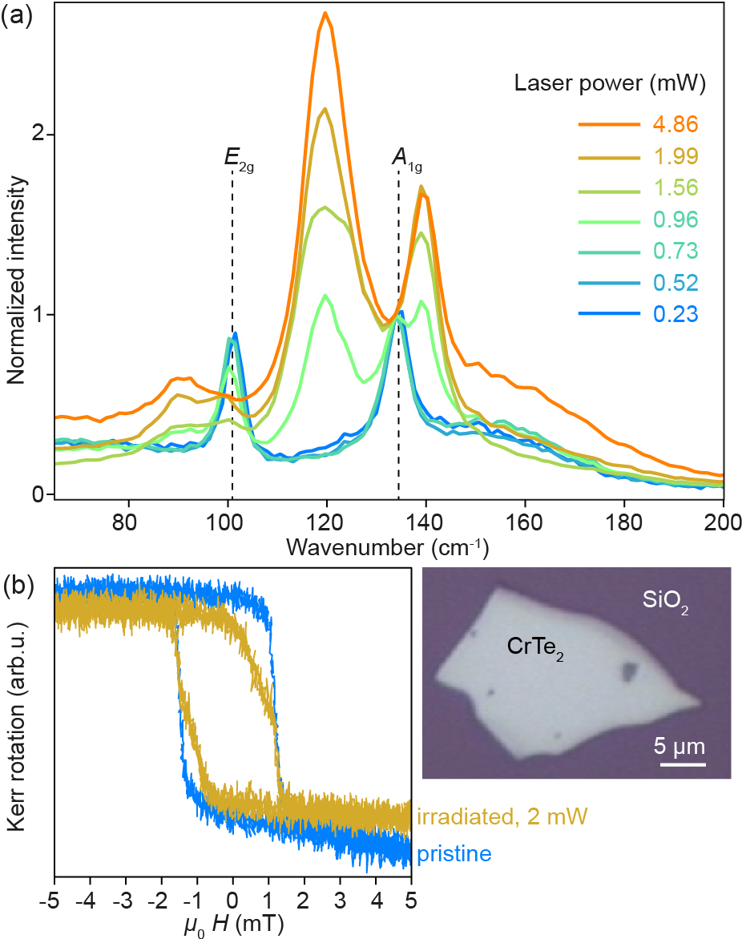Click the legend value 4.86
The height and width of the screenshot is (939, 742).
point(675,124)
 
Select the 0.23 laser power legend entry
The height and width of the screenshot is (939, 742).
point(675,314)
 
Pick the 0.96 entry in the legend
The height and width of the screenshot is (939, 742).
point(675,219)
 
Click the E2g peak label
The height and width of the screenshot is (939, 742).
point(238,158)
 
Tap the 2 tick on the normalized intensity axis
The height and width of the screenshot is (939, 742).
point(36,135)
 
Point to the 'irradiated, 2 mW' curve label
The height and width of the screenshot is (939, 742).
point(502,817)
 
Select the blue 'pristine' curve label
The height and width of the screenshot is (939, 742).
point(454,854)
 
